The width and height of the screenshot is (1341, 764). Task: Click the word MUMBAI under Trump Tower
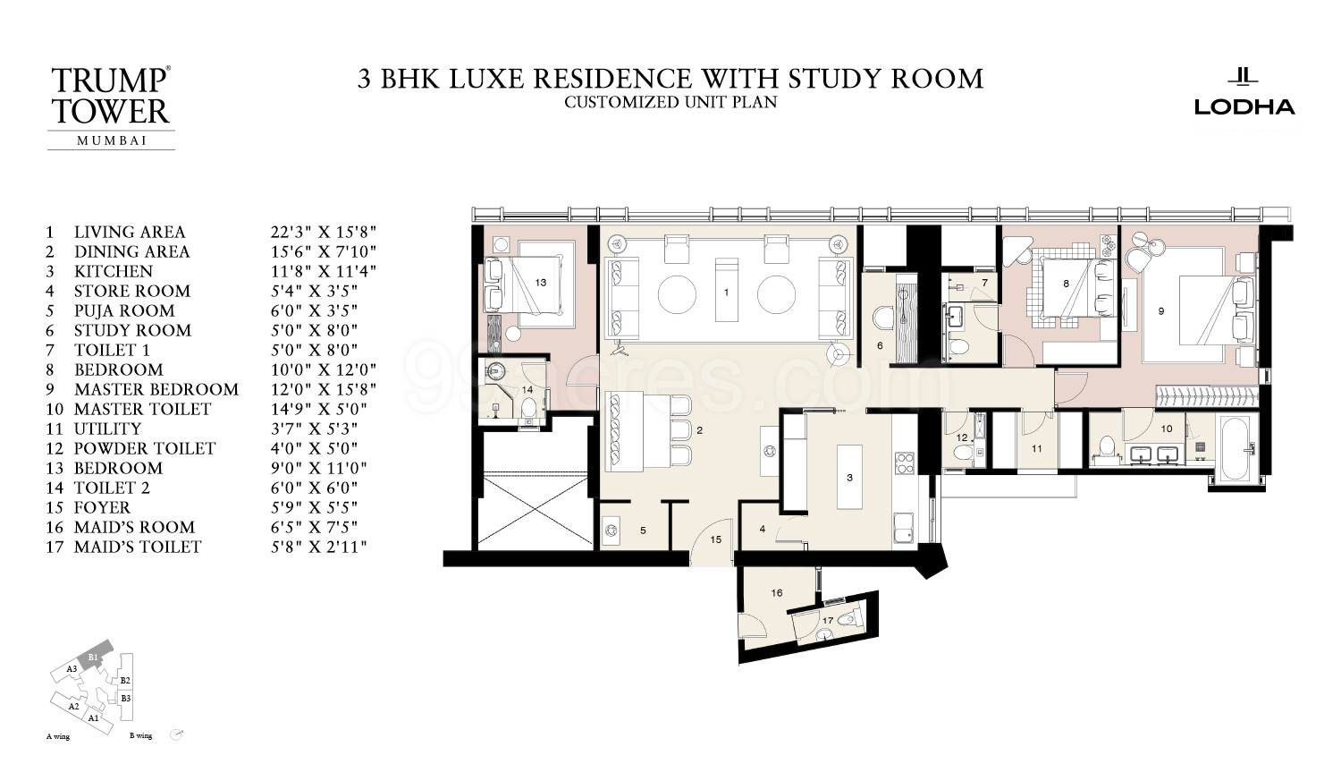click(x=112, y=140)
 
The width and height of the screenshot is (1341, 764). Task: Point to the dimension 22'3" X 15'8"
click(x=324, y=232)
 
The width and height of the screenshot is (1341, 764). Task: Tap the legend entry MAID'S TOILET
click(x=138, y=548)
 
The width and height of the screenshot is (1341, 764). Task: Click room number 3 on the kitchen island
click(x=849, y=478)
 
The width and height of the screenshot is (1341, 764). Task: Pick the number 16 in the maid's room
click(x=777, y=592)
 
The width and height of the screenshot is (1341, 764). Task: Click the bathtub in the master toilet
click(x=1235, y=448)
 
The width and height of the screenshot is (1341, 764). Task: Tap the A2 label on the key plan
click(x=73, y=707)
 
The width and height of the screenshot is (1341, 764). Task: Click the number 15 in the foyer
click(x=716, y=539)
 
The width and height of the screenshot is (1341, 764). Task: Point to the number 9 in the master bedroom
click(x=1161, y=311)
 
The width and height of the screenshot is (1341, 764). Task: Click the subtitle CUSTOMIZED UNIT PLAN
click(x=670, y=103)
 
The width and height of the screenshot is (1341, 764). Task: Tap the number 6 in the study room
click(x=880, y=345)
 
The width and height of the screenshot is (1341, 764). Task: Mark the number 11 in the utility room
click(x=1037, y=448)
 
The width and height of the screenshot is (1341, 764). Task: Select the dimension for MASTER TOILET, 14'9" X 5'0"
click(x=318, y=409)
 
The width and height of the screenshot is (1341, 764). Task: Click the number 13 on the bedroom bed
click(x=541, y=282)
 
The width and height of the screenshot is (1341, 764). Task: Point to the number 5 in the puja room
click(x=643, y=531)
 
